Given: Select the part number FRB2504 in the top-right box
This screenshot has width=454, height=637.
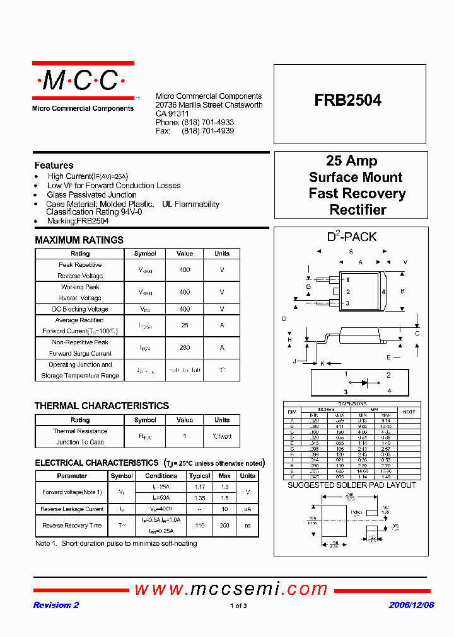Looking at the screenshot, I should pyautogui.click(x=348, y=100).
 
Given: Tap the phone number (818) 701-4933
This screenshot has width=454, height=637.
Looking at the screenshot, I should pyautogui.click(x=207, y=122).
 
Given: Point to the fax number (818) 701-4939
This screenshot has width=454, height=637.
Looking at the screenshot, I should pyautogui.click(x=207, y=131).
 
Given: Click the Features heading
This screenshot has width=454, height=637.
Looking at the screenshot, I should pyautogui.click(x=54, y=165).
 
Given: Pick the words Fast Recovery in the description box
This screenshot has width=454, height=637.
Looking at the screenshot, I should pyautogui.click(x=357, y=193).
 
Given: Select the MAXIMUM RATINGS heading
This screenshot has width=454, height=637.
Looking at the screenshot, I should pyautogui.click(x=79, y=240).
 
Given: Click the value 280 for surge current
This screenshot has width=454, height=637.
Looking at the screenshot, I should pyautogui.click(x=184, y=347).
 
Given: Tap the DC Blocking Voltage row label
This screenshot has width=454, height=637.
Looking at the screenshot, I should pyautogui.click(x=80, y=309).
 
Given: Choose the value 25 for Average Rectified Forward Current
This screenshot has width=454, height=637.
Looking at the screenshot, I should pyautogui.click(x=184, y=325).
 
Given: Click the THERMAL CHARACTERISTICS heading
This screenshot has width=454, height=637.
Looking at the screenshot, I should pyautogui.click(x=102, y=406).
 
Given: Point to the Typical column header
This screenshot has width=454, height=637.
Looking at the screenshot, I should pyautogui.click(x=199, y=476).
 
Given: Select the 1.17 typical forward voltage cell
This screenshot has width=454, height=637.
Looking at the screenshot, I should pyautogui.click(x=199, y=487).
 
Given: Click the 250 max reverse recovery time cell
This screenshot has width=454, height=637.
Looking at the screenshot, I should pyautogui.click(x=224, y=525).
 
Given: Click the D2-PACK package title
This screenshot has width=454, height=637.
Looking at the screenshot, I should pyautogui.click(x=351, y=237).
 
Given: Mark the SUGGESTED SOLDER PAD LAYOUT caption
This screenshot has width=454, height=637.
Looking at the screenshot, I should pyautogui.click(x=351, y=485).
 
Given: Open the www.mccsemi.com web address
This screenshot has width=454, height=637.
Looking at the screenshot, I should pyautogui.click(x=231, y=589).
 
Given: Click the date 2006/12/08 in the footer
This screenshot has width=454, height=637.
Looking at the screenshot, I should pyautogui.click(x=410, y=605).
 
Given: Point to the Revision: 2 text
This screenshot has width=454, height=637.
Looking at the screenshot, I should pyautogui.click(x=56, y=605).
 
